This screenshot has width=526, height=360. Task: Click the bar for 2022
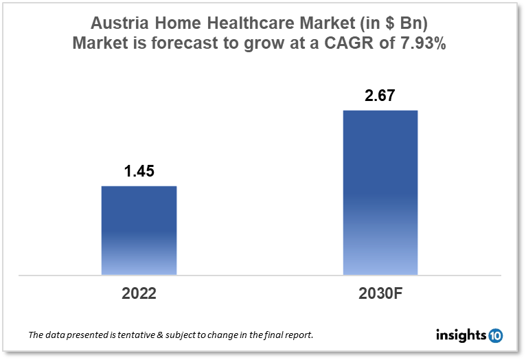point(139,230)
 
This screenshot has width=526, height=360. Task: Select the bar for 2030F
point(380,192)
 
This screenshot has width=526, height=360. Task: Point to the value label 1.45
point(139,172)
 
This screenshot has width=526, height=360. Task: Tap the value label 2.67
point(380,95)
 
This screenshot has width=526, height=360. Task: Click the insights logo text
point(461,336)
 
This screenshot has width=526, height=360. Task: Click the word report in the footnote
point(298,336)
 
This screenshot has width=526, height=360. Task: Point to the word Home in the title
point(168,21)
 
